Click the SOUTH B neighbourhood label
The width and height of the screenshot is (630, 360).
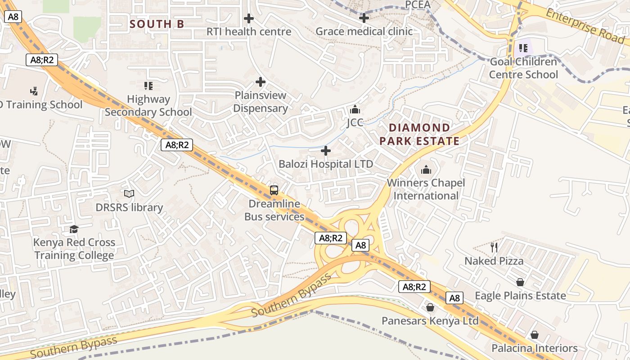[157, 24]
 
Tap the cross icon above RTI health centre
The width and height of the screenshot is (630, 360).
[248, 18]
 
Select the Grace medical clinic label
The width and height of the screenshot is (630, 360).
[364, 31]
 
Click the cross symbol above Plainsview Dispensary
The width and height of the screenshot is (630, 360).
[260, 82]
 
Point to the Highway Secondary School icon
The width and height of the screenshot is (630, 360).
[148, 85]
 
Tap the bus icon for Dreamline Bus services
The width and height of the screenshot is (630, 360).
[274, 190]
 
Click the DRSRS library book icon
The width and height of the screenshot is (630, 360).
[129, 194]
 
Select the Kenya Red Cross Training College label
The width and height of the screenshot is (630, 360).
[74, 249]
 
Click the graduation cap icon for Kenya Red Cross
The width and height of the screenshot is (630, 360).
[74, 229]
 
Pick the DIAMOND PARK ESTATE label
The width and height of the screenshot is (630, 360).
[419, 134]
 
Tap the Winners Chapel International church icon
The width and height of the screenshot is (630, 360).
[426, 170]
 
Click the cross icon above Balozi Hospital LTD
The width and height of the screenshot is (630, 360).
[326, 151]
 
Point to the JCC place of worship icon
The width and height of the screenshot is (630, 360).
[355, 109]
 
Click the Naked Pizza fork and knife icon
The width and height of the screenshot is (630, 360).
[494, 247]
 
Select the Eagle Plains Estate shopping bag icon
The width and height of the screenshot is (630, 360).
[520, 282]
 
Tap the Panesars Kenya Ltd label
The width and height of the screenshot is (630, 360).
[430, 321]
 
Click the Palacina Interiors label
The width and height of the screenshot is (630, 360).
[534, 348]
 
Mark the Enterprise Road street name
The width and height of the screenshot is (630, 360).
[585, 26]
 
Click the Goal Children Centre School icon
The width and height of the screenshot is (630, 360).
[523, 48]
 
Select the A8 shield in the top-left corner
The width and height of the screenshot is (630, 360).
[13, 17]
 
